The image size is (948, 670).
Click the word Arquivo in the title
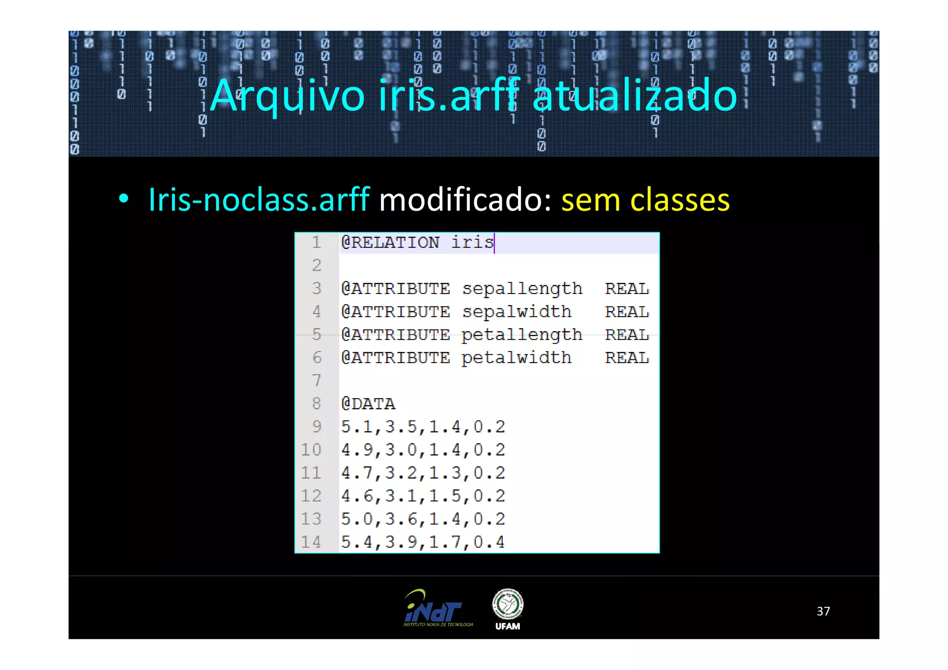tap(287, 96)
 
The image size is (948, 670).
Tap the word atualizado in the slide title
tap(634, 96)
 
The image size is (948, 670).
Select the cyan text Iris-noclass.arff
tap(258, 200)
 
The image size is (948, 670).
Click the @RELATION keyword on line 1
tap(390, 243)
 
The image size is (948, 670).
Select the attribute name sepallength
tap(522, 289)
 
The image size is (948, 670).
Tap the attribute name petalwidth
tap(516, 358)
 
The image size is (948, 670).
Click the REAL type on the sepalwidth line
tap(627, 312)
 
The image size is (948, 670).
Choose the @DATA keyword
tap(368, 404)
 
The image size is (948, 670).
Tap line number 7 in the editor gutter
tap(317, 381)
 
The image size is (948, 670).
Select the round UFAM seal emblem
tap(507, 604)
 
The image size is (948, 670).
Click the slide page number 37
tap(823, 611)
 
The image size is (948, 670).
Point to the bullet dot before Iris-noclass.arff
tap(123, 199)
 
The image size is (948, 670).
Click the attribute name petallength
tap(522, 335)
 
